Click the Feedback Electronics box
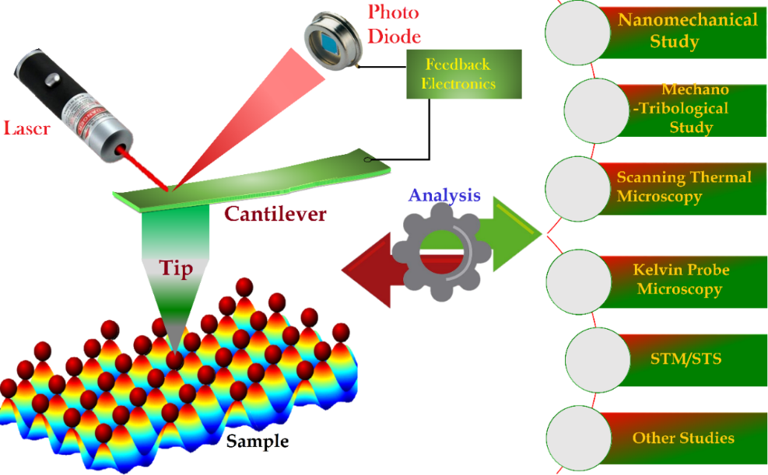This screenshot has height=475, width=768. tap(460, 75)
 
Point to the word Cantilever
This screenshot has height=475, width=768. tap(275, 214)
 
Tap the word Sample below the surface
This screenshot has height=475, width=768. tap(258, 442)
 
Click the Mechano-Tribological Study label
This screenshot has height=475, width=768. tap(682, 109)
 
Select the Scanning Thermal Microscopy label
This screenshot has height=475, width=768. tap(684, 187)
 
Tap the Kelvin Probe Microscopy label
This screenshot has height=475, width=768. tap(679, 279)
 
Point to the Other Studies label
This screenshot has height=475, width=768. tap(682, 438)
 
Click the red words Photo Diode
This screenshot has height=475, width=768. tap(394, 24)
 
